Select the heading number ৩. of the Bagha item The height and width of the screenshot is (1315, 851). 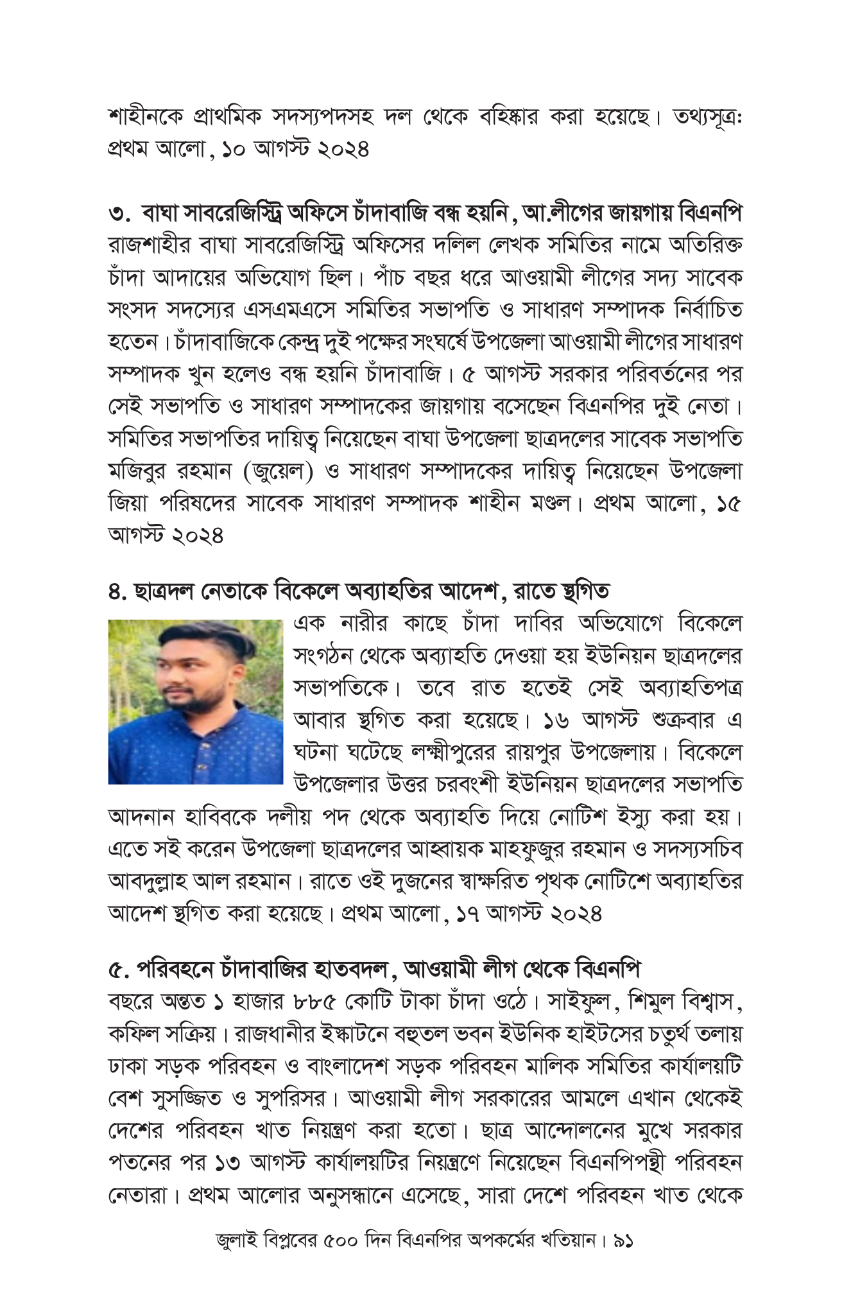click(118, 213)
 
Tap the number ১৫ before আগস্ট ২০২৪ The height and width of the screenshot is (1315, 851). click(729, 504)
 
